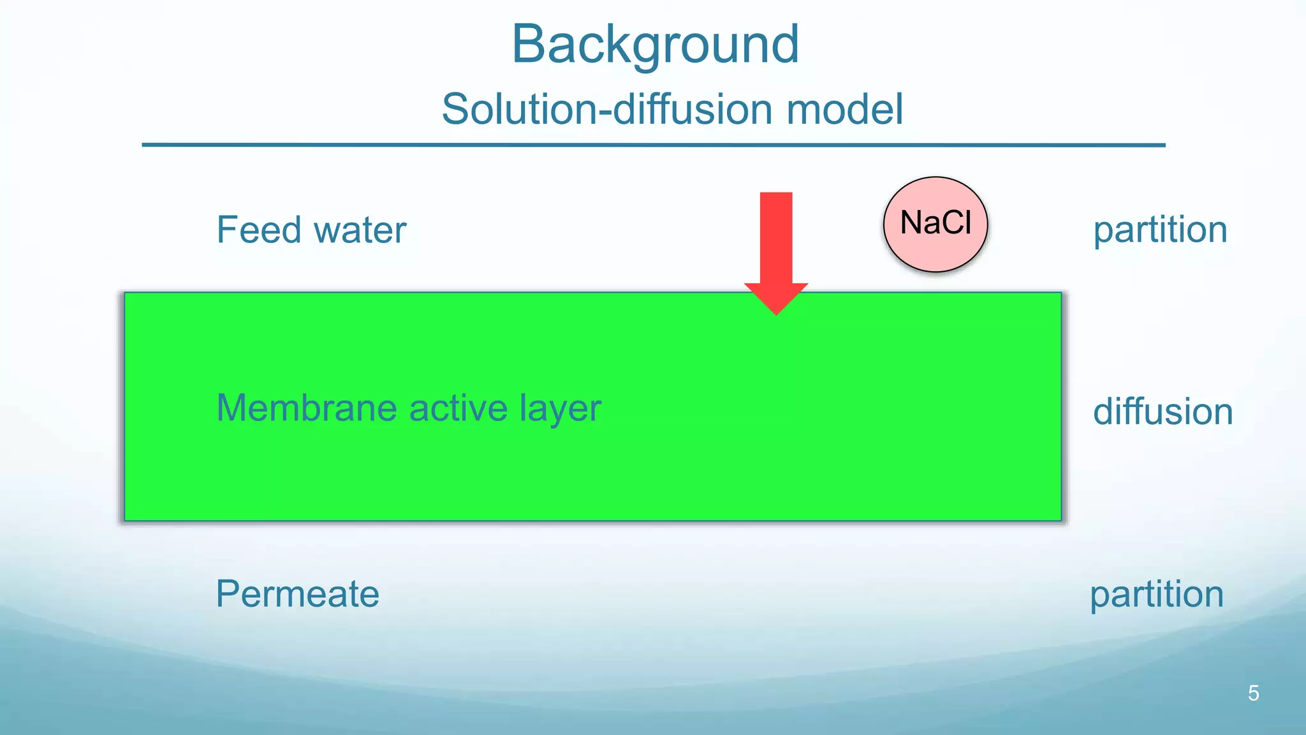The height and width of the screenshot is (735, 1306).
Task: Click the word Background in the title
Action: click(x=655, y=45)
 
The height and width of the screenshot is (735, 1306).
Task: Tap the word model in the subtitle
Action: click(x=845, y=109)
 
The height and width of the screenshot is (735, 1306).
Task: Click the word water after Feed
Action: click(x=360, y=231)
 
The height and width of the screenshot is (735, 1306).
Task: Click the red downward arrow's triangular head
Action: click(x=776, y=297)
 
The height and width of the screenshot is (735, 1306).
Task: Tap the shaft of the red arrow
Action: click(x=776, y=236)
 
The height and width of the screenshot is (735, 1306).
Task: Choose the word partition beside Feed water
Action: click(x=1160, y=231)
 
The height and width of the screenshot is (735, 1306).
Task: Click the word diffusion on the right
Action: click(x=1163, y=412)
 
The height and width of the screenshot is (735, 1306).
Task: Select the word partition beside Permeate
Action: click(x=1156, y=595)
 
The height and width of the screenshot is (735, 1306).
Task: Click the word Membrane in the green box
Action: click(x=306, y=408)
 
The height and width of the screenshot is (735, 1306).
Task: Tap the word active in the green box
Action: click(x=458, y=408)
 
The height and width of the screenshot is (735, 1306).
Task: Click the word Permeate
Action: click(x=297, y=595)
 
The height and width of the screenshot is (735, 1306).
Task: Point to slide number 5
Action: click(x=1253, y=693)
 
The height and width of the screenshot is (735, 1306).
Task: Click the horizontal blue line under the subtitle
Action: click(x=653, y=145)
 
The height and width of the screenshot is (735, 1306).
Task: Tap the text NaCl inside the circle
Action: click(x=935, y=223)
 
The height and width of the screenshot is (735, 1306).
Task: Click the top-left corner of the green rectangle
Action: click(x=126, y=293)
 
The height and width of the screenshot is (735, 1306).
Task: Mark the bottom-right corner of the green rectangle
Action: click(x=1060, y=520)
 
